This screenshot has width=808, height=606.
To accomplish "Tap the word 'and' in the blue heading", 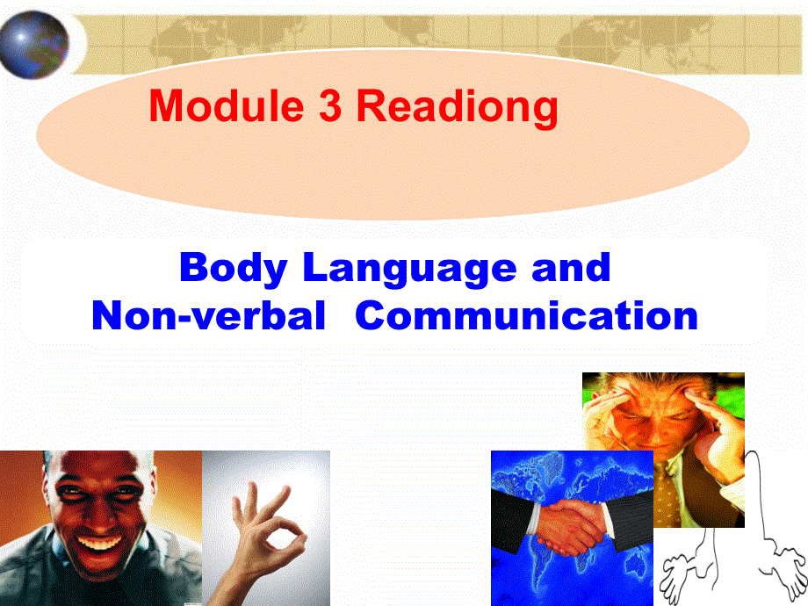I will [x=571, y=266].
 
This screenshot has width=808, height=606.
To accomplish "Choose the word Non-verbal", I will [x=207, y=315].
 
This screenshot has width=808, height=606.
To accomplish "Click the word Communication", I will [x=527, y=315].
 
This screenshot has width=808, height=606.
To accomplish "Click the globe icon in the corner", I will [x=35, y=40].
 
